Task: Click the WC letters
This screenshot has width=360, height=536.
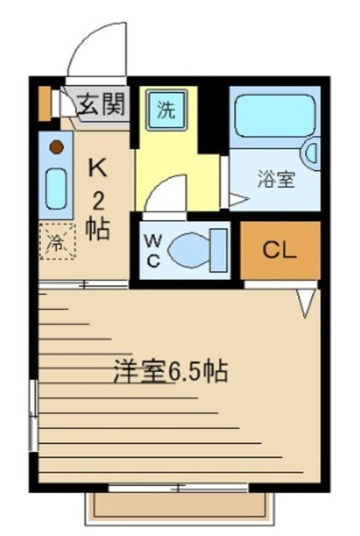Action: click(154, 248)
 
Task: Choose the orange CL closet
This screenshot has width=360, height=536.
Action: click(280, 250)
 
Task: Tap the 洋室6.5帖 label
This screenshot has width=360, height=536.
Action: click(172, 371)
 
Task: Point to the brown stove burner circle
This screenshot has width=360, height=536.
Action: click(55, 147)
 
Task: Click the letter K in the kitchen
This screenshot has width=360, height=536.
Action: click(98, 167)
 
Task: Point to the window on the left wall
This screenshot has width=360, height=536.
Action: click(33, 415)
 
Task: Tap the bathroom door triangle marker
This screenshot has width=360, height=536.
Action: click(237, 199)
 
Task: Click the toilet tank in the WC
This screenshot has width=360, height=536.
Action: click(219, 250)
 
